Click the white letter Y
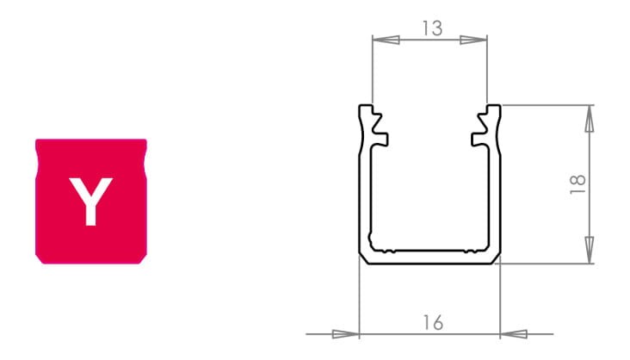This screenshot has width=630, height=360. pyautogui.click(x=90, y=201)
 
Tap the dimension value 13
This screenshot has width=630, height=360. pyautogui.click(x=432, y=28)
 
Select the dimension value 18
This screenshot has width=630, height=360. pyautogui.click(x=578, y=183)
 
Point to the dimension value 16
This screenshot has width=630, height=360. pyautogui.click(x=433, y=323)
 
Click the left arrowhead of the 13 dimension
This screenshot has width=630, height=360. pyautogui.click(x=384, y=40)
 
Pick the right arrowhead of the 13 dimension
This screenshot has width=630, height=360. pyautogui.click(x=474, y=40)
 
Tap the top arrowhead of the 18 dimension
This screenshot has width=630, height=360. pyautogui.click(x=590, y=118)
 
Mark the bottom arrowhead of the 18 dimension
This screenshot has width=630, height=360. pyautogui.click(x=590, y=251)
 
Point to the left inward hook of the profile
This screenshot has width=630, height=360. pyautogui.click(x=380, y=139)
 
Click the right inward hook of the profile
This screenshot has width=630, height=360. pyautogui.click(x=479, y=139)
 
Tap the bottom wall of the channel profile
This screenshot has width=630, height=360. pyautogui.click(x=429, y=258)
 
